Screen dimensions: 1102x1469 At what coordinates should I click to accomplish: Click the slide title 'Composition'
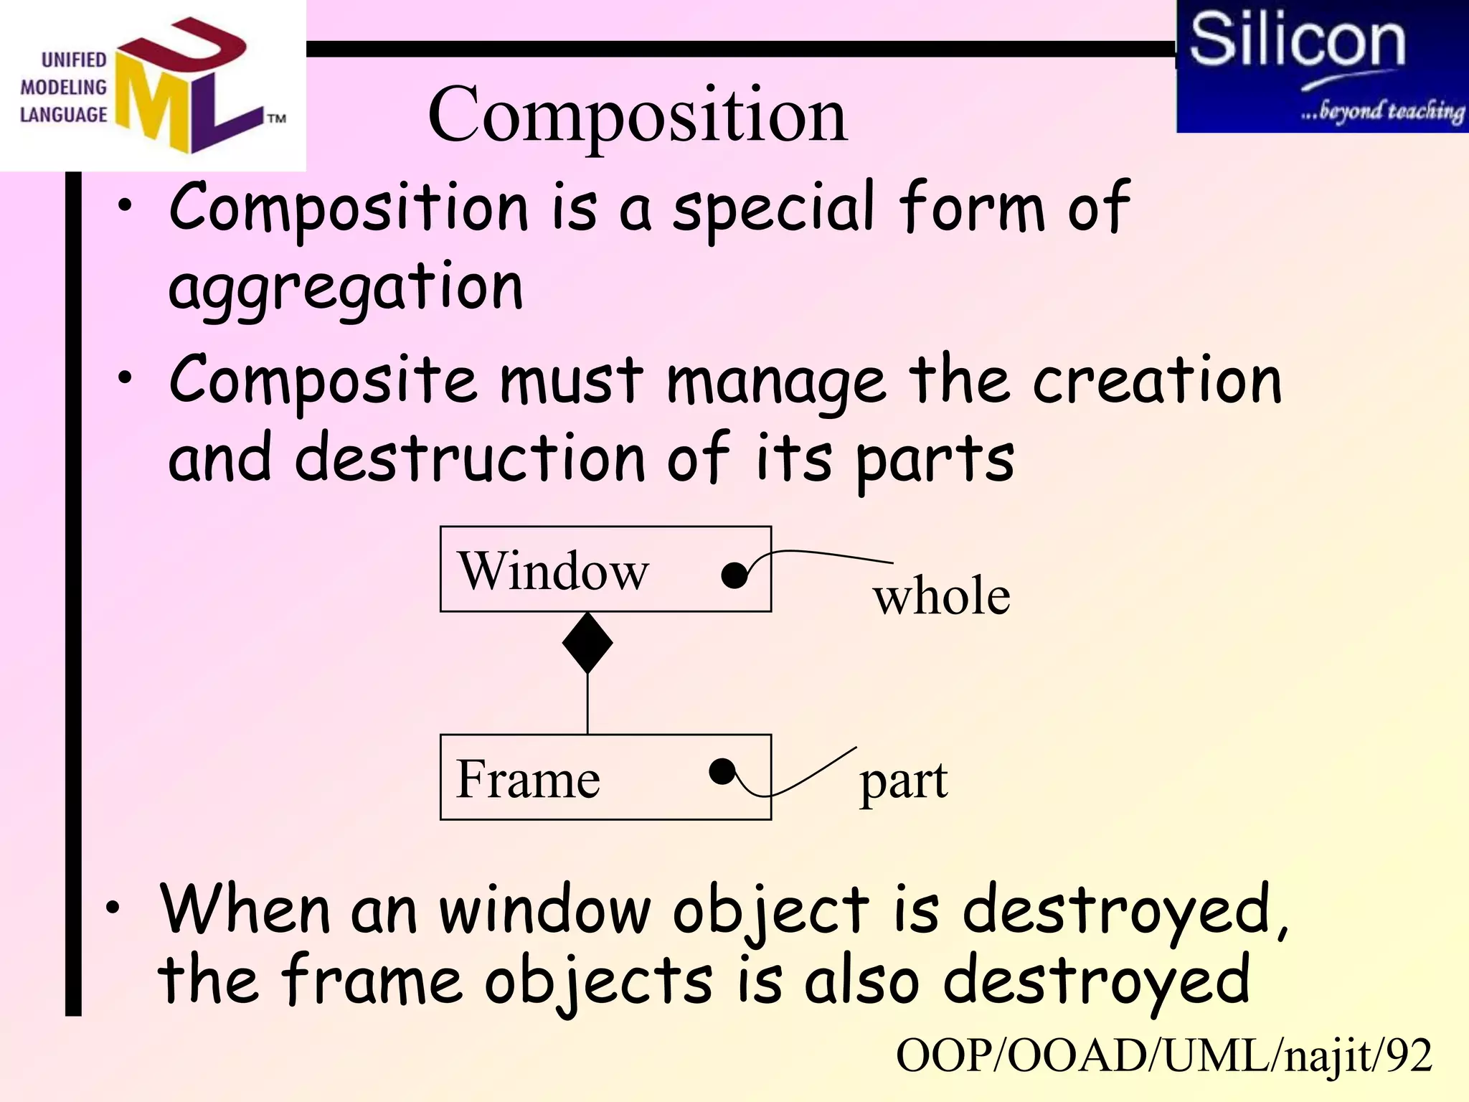coord(637,115)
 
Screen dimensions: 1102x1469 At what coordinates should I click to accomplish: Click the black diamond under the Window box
coord(587,643)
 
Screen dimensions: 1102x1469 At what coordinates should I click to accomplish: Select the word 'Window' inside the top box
coord(553,571)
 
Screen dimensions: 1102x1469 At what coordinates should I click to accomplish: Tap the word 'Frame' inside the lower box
coord(528,779)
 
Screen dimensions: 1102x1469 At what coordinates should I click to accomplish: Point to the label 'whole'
coord(941,596)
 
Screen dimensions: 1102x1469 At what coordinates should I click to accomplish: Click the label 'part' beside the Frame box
coord(903,781)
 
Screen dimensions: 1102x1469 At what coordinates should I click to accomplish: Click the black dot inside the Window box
coord(734,575)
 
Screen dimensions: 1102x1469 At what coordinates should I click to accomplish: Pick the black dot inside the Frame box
coord(722,772)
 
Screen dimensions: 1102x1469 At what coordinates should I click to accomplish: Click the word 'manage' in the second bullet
coord(775,382)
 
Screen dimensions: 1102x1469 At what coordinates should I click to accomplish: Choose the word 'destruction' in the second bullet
coord(470,458)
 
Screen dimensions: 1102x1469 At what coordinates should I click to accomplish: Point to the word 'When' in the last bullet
coord(245,910)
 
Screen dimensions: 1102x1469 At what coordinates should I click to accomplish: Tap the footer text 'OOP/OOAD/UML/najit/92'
coord(1163,1056)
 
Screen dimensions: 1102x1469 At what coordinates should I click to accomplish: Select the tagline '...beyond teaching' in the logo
coord(1381,111)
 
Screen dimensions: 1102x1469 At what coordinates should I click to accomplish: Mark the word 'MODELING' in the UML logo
coord(63,88)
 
